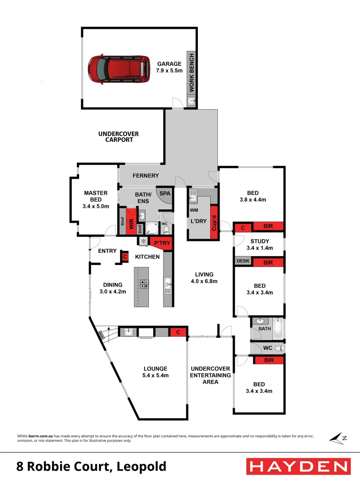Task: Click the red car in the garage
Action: tap(116, 68)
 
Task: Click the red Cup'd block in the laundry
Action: tap(214, 222)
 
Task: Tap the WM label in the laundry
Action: tap(194, 210)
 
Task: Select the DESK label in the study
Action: tap(243, 261)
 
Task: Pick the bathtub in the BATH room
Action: tap(279, 328)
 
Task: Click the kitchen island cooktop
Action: tap(144, 284)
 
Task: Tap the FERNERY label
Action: tap(146, 176)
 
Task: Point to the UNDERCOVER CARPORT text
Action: tap(119, 136)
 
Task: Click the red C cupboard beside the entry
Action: tap(125, 257)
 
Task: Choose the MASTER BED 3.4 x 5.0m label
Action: tap(96, 200)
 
